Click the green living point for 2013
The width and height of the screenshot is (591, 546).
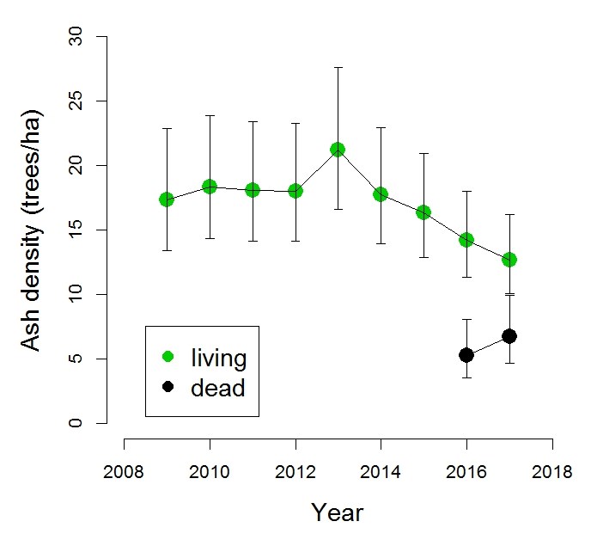coord(338,150)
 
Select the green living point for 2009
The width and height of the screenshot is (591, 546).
coord(167,199)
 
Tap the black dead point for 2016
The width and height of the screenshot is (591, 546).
coord(466,354)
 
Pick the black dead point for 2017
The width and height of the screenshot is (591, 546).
coord(509,336)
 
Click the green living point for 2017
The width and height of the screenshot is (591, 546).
coord(509,259)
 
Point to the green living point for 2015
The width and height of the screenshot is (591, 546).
coord(423,212)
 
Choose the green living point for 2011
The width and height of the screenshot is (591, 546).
coord(253,190)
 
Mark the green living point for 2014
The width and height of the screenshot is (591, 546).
coord(381,194)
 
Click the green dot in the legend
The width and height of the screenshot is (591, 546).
coord(168,356)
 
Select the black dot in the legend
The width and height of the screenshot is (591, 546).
coord(168,387)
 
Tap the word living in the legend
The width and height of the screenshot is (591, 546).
coord(219,357)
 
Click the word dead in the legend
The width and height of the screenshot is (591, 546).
coord(217,388)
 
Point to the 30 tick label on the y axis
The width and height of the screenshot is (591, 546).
coord(79,36)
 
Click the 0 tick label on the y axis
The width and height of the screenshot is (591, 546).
coord(79,423)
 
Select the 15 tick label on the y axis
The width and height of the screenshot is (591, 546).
coord(79,230)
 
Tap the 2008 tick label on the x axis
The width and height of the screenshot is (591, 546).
coord(125,472)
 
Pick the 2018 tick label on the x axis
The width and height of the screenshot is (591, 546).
coord(551,472)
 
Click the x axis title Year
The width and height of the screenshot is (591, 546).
coord(337,513)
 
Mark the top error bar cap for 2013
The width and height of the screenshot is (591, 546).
coord(338,67)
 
